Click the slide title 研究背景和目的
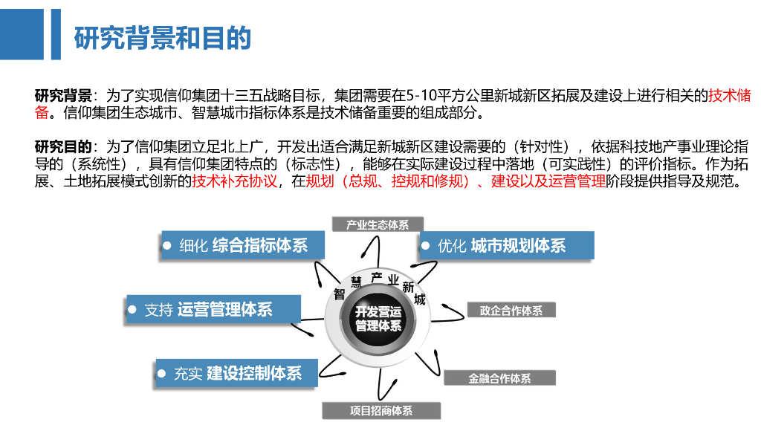(x=163, y=38)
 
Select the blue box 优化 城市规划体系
(x=508, y=245)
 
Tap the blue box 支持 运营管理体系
(x=213, y=309)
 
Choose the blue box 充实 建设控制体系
(x=236, y=373)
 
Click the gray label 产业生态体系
(x=378, y=224)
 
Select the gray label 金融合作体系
(x=499, y=378)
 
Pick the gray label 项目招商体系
(x=381, y=410)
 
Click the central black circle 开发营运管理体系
(x=378, y=318)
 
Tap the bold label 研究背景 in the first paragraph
(x=62, y=96)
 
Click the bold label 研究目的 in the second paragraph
(x=62, y=145)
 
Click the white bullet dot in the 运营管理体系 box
(x=133, y=308)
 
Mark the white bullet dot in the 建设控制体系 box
(x=162, y=372)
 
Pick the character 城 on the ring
(x=419, y=299)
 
